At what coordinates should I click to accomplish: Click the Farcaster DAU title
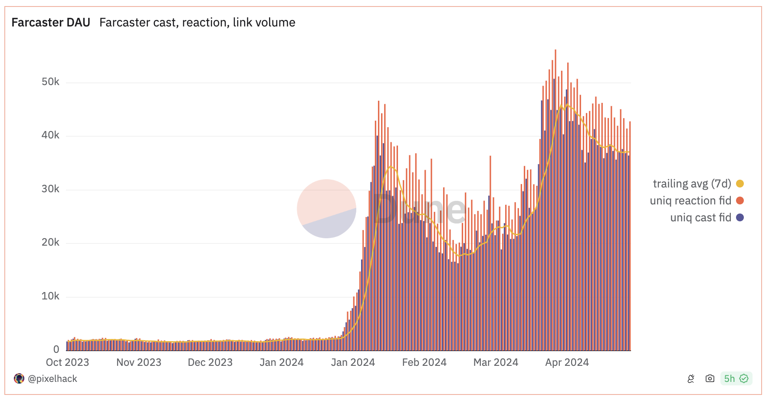51,23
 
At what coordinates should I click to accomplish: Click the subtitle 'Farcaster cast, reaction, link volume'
197,23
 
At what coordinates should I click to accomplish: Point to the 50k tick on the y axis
50,82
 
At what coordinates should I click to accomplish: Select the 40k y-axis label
50,135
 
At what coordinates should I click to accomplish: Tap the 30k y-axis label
50,189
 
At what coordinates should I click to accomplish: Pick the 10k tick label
50,296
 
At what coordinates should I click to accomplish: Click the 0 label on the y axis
56,349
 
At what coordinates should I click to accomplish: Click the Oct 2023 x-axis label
67,362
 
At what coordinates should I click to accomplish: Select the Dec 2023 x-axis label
210,362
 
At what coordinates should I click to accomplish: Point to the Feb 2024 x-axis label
424,362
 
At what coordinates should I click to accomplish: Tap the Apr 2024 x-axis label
567,362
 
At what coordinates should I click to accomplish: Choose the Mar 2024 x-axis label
496,362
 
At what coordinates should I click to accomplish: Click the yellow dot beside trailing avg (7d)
740,184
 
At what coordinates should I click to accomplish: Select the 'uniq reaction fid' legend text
690,200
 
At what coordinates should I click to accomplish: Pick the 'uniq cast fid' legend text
700,217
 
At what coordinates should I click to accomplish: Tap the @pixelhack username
53,379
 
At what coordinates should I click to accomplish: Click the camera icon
710,378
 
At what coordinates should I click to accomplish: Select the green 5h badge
736,378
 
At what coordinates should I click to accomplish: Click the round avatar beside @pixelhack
19,378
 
